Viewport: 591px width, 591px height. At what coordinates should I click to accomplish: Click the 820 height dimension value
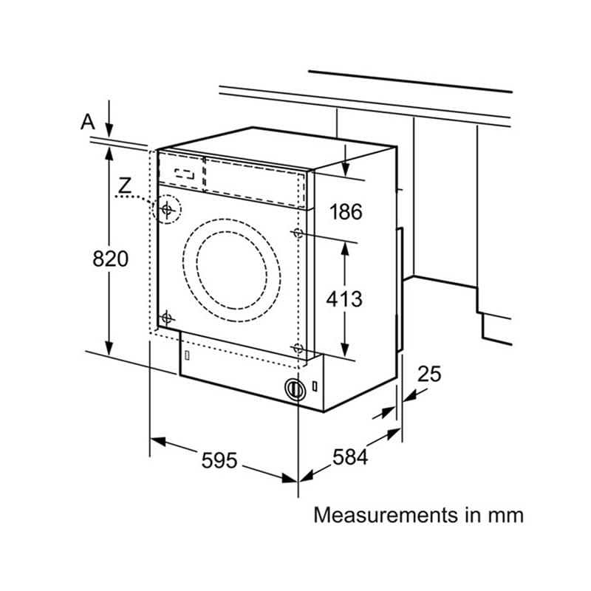(x=110, y=259)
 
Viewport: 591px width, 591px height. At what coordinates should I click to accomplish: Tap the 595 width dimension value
(x=219, y=460)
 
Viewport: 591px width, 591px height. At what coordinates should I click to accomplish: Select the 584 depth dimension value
(x=349, y=457)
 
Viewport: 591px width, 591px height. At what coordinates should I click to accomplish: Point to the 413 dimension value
(x=344, y=299)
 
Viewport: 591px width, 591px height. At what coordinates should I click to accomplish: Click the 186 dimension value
(x=346, y=211)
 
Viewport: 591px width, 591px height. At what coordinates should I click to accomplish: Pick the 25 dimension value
(x=429, y=374)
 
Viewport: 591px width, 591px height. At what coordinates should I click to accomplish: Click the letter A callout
(x=88, y=122)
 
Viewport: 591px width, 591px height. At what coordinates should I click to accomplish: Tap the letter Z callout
(x=125, y=185)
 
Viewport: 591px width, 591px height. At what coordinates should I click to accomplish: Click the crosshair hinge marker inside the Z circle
(x=167, y=209)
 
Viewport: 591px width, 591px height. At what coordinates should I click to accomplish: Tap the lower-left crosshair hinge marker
(x=166, y=318)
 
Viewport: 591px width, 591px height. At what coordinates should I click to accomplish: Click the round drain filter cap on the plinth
(x=295, y=389)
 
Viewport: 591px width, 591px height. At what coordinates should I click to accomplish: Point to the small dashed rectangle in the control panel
(x=184, y=174)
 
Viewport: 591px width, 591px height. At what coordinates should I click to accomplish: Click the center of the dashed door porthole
(x=232, y=270)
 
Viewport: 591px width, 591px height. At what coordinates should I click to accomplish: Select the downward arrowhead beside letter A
(x=109, y=131)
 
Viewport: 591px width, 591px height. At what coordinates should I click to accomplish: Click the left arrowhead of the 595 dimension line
(x=158, y=441)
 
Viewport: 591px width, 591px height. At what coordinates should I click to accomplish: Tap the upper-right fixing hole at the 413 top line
(x=298, y=233)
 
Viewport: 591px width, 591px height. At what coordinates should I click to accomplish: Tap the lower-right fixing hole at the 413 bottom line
(x=298, y=348)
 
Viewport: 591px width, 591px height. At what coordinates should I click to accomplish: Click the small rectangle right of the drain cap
(x=315, y=386)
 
